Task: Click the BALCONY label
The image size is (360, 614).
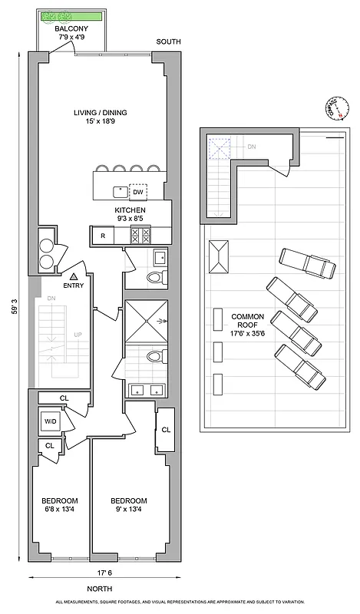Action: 75,28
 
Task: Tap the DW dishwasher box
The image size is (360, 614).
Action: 137,193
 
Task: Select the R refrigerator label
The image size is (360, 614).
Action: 102,236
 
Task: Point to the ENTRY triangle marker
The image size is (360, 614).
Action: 73,276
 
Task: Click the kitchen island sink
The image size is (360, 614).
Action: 120,192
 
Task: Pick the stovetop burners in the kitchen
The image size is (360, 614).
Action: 139,236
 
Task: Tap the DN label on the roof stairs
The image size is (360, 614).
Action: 251,146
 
